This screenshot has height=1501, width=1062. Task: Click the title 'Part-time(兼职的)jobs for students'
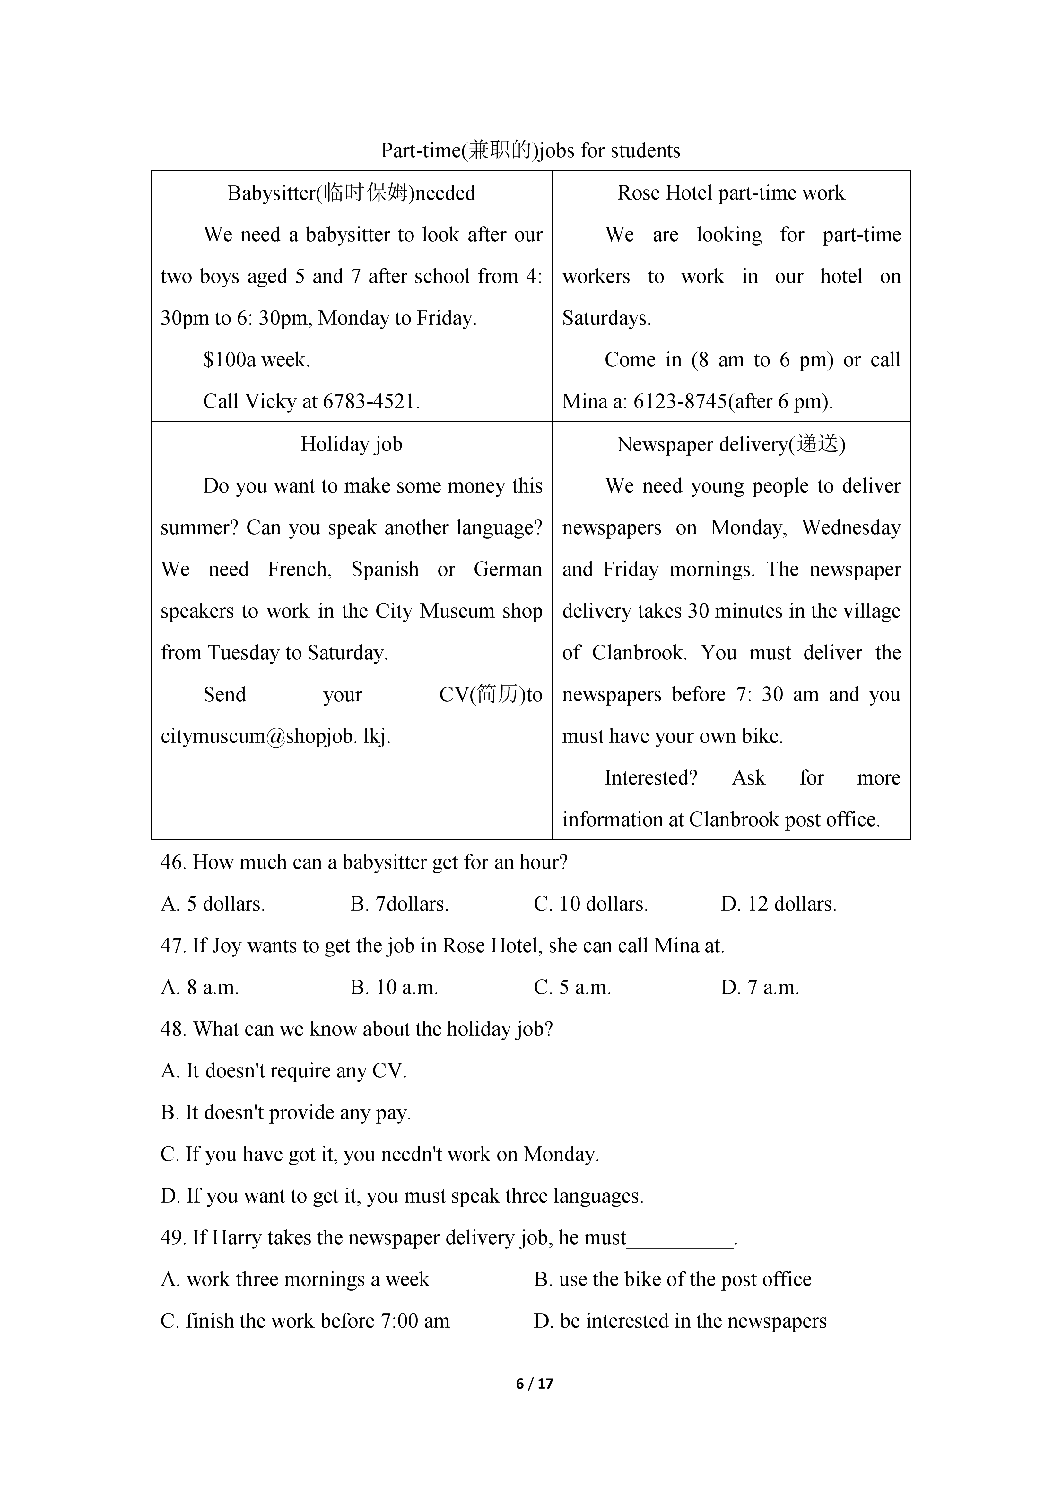(530, 151)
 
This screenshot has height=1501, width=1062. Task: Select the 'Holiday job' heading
(351, 444)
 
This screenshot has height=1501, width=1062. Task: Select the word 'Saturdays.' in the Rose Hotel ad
(606, 318)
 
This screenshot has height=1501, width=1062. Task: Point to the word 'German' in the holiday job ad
(508, 570)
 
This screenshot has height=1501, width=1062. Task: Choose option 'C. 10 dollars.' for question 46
(590, 904)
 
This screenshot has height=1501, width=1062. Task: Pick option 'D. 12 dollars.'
(778, 904)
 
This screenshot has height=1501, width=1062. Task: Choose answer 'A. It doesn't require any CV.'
(283, 1071)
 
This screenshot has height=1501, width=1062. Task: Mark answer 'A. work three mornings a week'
(295, 1279)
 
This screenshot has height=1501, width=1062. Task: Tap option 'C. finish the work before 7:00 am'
(305, 1321)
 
